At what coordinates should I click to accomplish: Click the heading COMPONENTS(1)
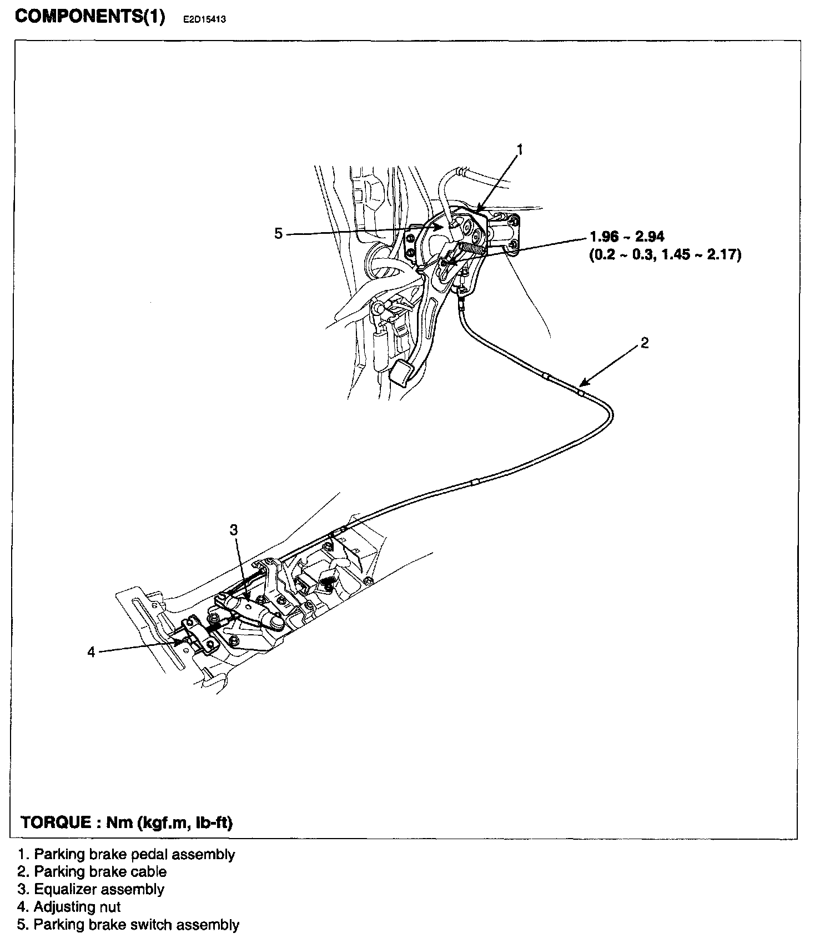click(x=90, y=17)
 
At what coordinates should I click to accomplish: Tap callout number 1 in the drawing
click(x=520, y=149)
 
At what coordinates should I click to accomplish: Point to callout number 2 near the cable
click(x=644, y=343)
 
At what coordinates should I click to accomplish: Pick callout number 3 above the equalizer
click(x=234, y=529)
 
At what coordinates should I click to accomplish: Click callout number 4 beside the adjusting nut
click(x=91, y=651)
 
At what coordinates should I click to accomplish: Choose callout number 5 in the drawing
click(x=278, y=234)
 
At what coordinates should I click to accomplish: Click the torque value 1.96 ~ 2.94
click(x=627, y=237)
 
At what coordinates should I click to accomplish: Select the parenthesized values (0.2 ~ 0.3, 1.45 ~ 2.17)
click(x=665, y=255)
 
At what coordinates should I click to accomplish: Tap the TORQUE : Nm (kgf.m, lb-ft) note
click(x=127, y=822)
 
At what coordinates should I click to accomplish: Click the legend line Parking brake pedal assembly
click(x=127, y=854)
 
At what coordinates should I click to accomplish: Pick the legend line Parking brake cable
click(x=92, y=872)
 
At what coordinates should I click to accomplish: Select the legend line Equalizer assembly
click(x=91, y=889)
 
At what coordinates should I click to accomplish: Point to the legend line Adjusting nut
click(x=69, y=907)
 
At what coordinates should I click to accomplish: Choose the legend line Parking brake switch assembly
click(x=129, y=925)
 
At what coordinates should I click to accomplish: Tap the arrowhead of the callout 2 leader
click(x=580, y=384)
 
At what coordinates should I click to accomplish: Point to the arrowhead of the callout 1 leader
click(x=478, y=211)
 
